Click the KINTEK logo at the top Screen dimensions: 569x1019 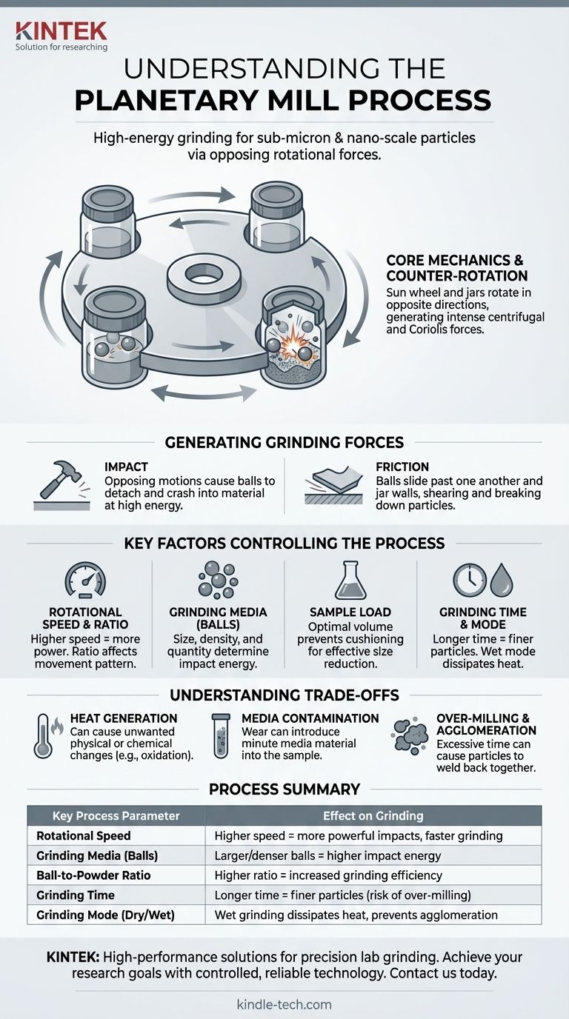(61, 36)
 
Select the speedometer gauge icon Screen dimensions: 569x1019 (85, 580)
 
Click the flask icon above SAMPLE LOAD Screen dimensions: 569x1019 (350, 580)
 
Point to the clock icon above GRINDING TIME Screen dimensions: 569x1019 (470, 580)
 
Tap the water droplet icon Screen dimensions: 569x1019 (502, 581)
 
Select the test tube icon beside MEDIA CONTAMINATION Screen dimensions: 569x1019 (221, 735)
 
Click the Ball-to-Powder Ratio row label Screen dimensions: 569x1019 (93, 875)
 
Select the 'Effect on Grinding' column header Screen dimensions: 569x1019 (373, 815)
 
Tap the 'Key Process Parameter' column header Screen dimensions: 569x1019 (116, 815)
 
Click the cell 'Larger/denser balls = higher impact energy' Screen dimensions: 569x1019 (327, 855)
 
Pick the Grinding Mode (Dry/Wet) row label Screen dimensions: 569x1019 (106, 915)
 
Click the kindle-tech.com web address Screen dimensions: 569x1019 (284, 1004)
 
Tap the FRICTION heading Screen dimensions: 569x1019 (402, 467)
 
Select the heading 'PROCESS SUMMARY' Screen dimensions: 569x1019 (284, 789)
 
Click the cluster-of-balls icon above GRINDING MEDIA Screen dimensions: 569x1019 (218, 580)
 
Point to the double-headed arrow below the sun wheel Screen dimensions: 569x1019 (204, 392)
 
